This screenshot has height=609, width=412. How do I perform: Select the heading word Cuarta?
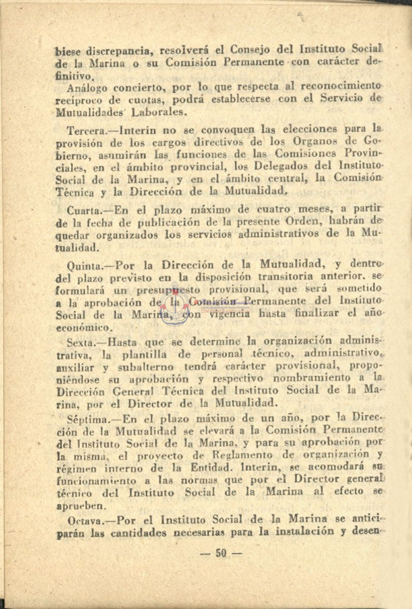82,210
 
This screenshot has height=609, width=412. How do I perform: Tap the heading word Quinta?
84,267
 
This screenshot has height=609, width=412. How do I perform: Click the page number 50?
221,553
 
